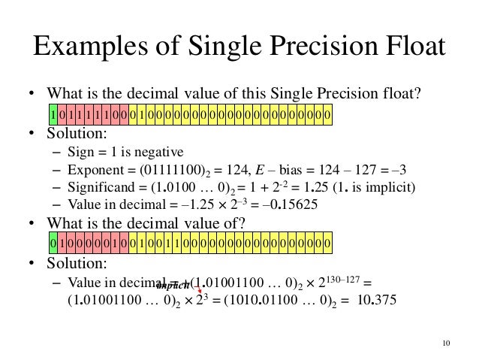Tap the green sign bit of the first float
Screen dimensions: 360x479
[53, 116]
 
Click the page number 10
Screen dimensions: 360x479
[447, 344]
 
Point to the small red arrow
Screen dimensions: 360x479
[200, 286]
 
